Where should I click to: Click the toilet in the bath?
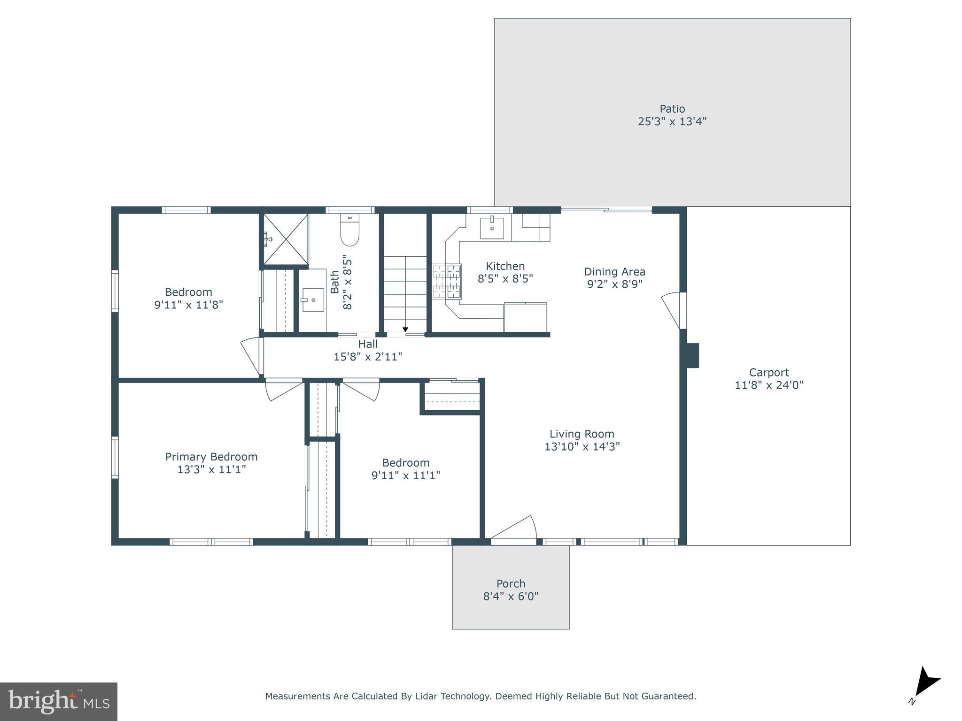click(349, 231)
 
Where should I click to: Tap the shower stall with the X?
click(286, 238)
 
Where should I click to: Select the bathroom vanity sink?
click(312, 299)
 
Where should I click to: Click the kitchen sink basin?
click(492, 228)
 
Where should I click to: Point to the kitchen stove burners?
click(447, 281)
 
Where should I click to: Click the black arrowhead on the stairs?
click(405, 330)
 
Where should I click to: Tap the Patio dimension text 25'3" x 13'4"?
click(672, 122)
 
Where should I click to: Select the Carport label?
click(768, 372)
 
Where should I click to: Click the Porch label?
click(511, 583)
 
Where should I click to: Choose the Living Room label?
click(582, 434)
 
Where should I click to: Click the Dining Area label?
click(614, 271)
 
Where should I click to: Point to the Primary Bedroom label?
click(211, 456)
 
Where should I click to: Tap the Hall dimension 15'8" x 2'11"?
click(368, 357)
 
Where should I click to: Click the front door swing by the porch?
click(515, 528)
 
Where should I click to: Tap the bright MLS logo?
click(58, 701)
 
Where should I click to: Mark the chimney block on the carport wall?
click(692, 355)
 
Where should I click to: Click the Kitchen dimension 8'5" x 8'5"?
click(505, 279)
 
